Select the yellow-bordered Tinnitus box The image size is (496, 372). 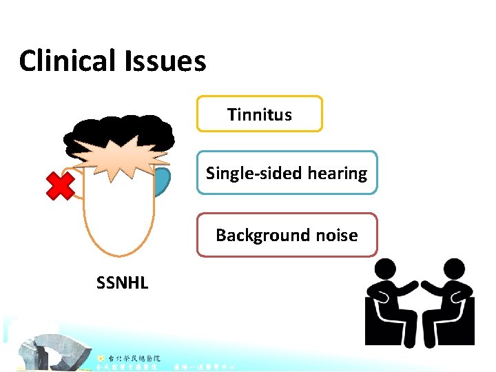tap(260, 114)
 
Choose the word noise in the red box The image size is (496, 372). tap(334, 236)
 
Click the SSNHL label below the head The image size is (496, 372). tap(123, 282)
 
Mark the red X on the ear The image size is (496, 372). tap(60, 185)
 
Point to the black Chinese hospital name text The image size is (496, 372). tap(134, 358)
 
